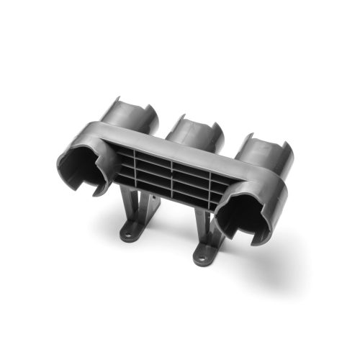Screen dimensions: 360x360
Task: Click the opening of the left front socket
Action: pos(86,164)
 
